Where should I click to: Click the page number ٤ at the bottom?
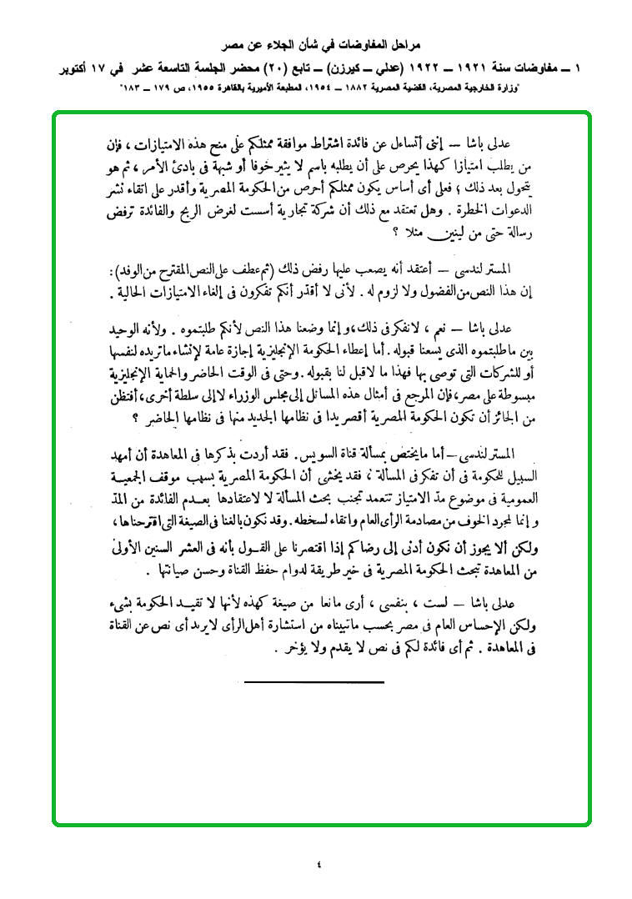318,865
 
